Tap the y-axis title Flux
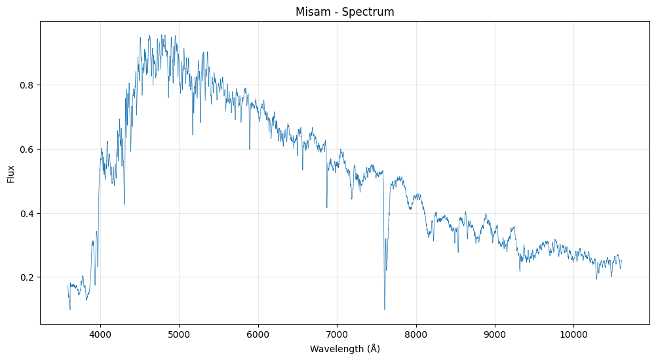pos(11,173)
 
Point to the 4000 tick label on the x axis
pos(100,334)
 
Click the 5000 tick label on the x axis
pos(179,334)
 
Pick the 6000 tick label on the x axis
pos(258,334)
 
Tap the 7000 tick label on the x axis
pos(337,334)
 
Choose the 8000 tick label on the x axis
pos(416,334)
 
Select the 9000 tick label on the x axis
pos(495,334)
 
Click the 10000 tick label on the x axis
pos(574,334)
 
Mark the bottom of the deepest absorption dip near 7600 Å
pos(385,310)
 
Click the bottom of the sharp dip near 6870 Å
pos(327,208)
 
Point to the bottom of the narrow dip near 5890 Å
pos(250,150)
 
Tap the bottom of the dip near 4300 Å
pos(125,204)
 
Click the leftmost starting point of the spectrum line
pos(68,284)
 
